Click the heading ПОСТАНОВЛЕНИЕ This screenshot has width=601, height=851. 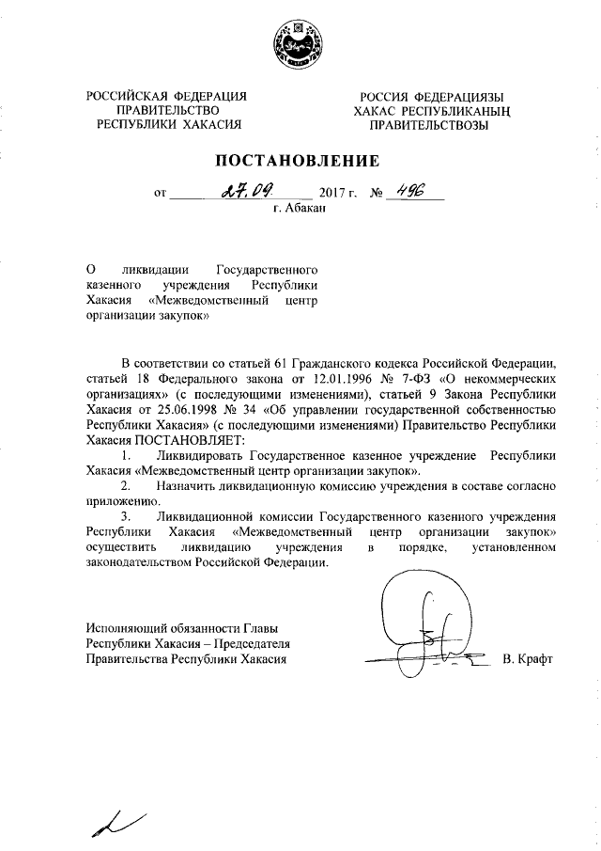tap(300, 160)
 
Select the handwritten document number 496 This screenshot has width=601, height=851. tap(410, 191)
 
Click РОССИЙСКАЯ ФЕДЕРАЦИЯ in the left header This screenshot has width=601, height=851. tap(166, 96)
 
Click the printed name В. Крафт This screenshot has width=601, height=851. tap(529, 659)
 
